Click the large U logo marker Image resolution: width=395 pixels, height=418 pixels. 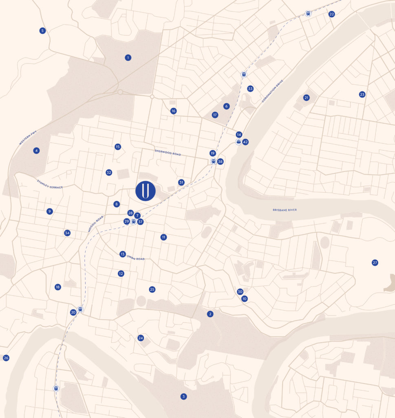click(146, 191)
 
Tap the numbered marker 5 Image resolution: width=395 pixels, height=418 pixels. click(42, 31)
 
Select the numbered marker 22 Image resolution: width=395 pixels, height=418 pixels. click(331, 14)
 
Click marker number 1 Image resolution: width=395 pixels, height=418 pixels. click(128, 58)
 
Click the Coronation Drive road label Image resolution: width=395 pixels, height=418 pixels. click(269, 94)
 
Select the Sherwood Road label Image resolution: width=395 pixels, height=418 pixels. click(168, 152)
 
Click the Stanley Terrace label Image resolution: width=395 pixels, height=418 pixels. click(50, 184)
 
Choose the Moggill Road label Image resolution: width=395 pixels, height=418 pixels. click(95, 224)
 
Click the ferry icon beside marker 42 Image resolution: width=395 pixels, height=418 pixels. click(238, 142)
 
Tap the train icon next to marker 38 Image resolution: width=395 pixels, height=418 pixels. click(213, 161)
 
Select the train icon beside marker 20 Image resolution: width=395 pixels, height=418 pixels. click(80, 309)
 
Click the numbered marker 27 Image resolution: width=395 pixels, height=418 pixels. click(375, 262)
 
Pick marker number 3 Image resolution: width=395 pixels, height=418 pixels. click(183, 396)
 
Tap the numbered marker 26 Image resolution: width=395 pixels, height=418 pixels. click(6, 358)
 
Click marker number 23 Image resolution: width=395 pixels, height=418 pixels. click(362, 94)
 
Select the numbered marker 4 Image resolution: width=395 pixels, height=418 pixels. click(37, 151)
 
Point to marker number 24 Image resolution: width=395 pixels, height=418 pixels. click(141, 338)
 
